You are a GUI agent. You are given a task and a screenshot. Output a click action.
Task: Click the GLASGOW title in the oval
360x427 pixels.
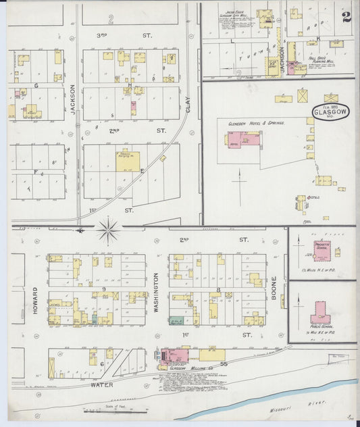pyautogui.click(x=330, y=113)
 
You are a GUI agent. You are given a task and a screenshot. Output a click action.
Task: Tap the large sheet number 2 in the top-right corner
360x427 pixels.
pyautogui.click(x=346, y=16)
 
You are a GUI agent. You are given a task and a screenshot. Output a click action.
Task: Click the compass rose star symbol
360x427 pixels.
pyautogui.click(x=107, y=230)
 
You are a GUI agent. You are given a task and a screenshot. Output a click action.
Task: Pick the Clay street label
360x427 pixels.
pyautogui.click(x=188, y=104)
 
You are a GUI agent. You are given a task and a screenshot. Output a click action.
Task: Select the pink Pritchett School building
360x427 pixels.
pyautogui.click(x=322, y=249)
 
